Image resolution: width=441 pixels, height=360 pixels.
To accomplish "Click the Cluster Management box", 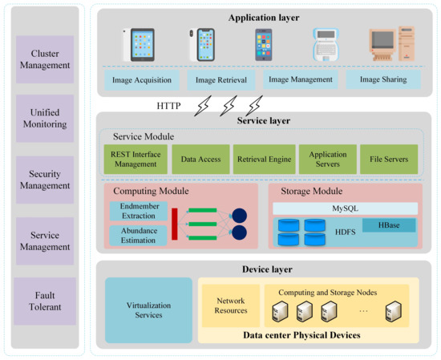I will coord(45,59).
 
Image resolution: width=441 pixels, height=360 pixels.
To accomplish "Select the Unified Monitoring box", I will coord(45,119).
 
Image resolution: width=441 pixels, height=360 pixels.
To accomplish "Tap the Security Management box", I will coord(45,180).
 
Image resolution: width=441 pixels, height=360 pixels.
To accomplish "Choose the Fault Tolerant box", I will coord(45,301).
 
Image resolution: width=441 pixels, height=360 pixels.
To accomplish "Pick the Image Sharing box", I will coord(382,80).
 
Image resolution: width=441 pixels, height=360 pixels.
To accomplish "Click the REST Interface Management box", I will coord(136,160).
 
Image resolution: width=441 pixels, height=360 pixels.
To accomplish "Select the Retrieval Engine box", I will coord(262,160).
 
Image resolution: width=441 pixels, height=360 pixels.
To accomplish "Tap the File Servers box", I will coord(389,160).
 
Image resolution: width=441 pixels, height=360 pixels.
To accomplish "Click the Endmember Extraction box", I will coord(138,211).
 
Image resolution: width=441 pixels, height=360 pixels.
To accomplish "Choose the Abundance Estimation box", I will coord(138,236).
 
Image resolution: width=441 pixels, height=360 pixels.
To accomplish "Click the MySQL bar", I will coord(346,208).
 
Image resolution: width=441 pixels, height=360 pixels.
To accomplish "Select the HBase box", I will coord(389,225).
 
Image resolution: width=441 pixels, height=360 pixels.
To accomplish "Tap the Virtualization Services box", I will coord(149,310).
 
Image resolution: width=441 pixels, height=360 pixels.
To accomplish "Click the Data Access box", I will coord(200,160).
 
